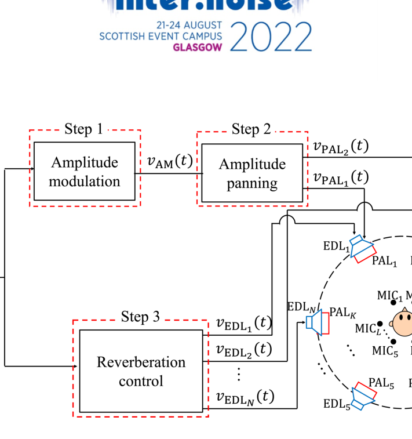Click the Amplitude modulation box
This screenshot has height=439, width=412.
(85, 171)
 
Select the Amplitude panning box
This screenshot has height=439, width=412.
(252, 173)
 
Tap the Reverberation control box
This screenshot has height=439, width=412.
(141, 371)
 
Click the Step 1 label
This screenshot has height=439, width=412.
(84, 129)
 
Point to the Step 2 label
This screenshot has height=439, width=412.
(251, 129)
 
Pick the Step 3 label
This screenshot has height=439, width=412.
(140, 317)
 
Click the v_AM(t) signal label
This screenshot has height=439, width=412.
(170, 162)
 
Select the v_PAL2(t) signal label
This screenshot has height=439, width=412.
(341, 147)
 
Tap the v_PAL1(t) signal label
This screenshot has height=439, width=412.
(341, 177)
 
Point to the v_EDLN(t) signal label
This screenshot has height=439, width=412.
(244, 397)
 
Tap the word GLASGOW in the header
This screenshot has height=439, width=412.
(197, 48)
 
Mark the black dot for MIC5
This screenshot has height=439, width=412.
(393, 342)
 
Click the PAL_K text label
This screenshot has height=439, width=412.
(343, 314)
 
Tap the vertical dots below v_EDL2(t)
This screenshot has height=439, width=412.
(239, 374)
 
